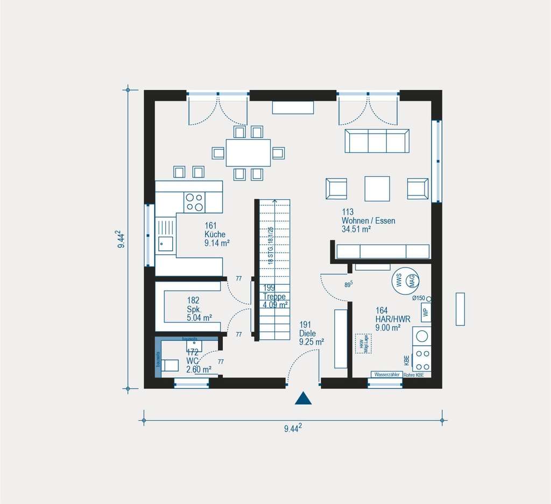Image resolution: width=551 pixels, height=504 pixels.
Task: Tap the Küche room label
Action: point(215,234)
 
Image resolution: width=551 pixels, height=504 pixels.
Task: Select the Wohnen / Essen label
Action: point(368,221)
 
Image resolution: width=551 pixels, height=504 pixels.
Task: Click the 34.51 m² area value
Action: point(356,229)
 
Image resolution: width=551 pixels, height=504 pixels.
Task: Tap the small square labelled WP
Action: point(426,312)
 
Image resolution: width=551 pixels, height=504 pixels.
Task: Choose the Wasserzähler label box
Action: point(386,374)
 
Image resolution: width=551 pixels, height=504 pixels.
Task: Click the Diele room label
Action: point(308,333)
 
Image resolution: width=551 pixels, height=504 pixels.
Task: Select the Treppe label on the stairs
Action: point(274,296)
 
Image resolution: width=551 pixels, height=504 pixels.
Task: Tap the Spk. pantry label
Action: point(194,309)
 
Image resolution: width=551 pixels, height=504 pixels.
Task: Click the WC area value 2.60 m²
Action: point(199,369)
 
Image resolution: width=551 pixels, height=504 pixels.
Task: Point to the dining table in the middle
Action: point(248,153)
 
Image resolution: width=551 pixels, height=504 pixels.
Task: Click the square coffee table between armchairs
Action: point(377,188)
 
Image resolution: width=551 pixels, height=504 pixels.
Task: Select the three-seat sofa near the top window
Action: point(377,141)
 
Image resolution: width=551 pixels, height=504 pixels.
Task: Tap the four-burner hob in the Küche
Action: point(195,202)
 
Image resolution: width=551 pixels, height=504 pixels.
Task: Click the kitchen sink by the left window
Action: point(165,244)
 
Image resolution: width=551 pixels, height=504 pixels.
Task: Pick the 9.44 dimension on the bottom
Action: point(293,428)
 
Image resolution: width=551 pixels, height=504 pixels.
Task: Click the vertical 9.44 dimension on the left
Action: point(123,239)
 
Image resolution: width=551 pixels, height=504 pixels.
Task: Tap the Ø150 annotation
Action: point(419,298)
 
